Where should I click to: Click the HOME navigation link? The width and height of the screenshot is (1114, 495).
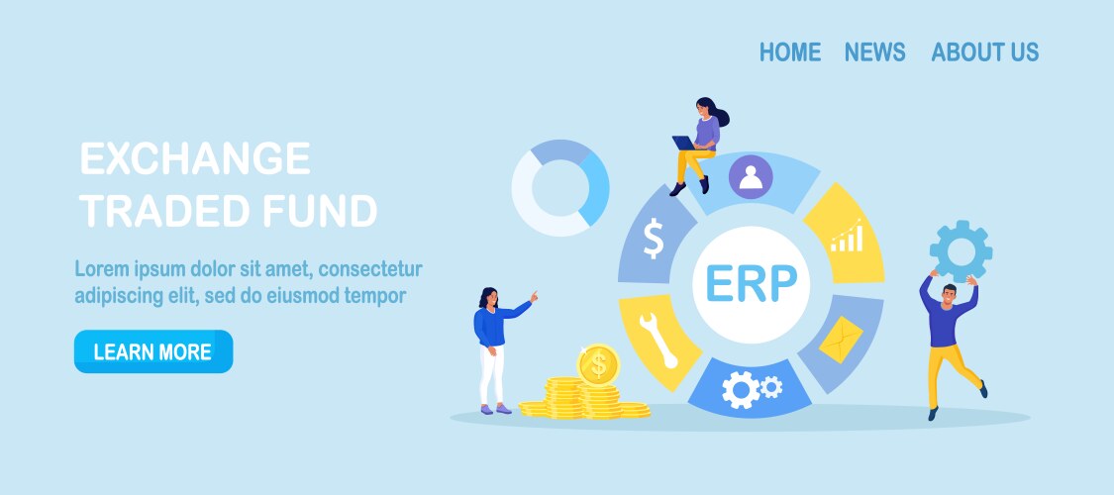coord(790,51)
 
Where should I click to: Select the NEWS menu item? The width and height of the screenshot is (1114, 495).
coord(874,51)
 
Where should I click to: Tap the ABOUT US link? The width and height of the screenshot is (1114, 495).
coord(984,51)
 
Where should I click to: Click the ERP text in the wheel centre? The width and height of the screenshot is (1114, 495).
coord(751,283)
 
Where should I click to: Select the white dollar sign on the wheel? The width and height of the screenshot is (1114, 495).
coord(653,239)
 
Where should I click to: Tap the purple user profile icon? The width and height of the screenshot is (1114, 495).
coord(751,177)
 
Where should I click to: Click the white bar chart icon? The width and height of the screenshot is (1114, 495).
coord(847,236)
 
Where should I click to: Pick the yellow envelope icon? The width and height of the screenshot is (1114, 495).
coord(841,340)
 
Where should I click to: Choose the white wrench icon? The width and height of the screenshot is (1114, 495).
coord(658,341)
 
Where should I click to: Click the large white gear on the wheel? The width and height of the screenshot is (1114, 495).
coord(741,390)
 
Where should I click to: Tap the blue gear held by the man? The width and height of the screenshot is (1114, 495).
coord(961,250)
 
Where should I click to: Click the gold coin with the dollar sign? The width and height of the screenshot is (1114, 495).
coord(598,365)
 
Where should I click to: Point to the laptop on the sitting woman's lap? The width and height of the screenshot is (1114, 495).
coord(684,144)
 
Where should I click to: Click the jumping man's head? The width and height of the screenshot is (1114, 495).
coord(950,293)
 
